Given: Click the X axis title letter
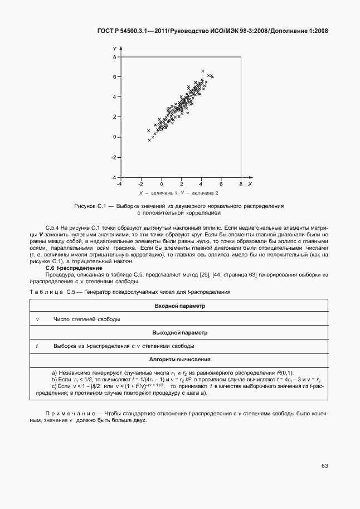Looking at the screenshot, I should click(x=250, y=183).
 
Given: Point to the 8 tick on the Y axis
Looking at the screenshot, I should click(x=114, y=57).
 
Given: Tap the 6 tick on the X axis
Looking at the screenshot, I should click(x=221, y=183).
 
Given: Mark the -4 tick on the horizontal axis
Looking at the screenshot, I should click(x=119, y=183).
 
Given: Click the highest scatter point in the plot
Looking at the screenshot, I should click(x=202, y=71).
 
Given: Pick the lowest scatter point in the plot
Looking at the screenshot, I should click(x=149, y=140).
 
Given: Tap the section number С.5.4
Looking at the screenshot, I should click(x=53, y=228).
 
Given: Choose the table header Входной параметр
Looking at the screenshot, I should click(x=179, y=306).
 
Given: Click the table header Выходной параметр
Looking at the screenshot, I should click(x=179, y=333).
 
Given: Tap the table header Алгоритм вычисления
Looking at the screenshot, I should click(x=179, y=360).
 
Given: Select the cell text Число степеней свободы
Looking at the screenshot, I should click(x=86, y=319).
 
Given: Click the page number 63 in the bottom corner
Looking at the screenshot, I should click(x=325, y=466).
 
